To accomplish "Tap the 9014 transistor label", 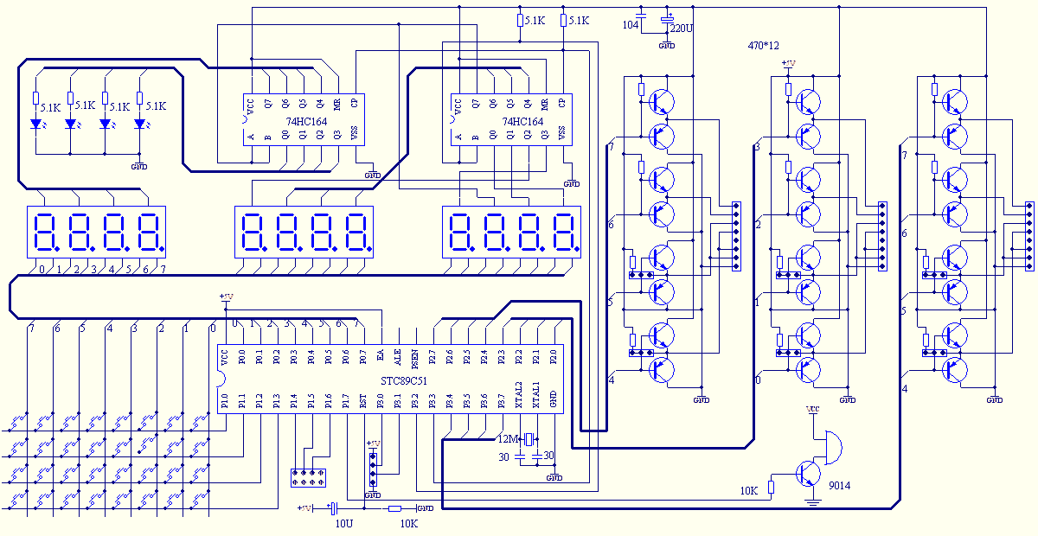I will (x=839, y=486).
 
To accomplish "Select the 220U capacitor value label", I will (x=682, y=28).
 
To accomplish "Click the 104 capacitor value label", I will (x=631, y=25).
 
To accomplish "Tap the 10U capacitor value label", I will (x=343, y=524).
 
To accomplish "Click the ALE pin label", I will (x=398, y=355).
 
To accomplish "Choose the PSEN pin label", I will (x=415, y=356).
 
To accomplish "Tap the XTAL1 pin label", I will (x=536, y=399).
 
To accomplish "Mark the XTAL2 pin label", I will (x=519, y=399).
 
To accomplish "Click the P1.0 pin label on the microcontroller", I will (x=225, y=401).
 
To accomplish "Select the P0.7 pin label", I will (x=363, y=355).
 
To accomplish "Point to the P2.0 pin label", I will (x=554, y=355).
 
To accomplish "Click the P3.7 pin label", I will (x=502, y=401).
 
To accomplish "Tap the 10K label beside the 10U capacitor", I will (x=408, y=524).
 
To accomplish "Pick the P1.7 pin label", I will (x=346, y=401).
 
